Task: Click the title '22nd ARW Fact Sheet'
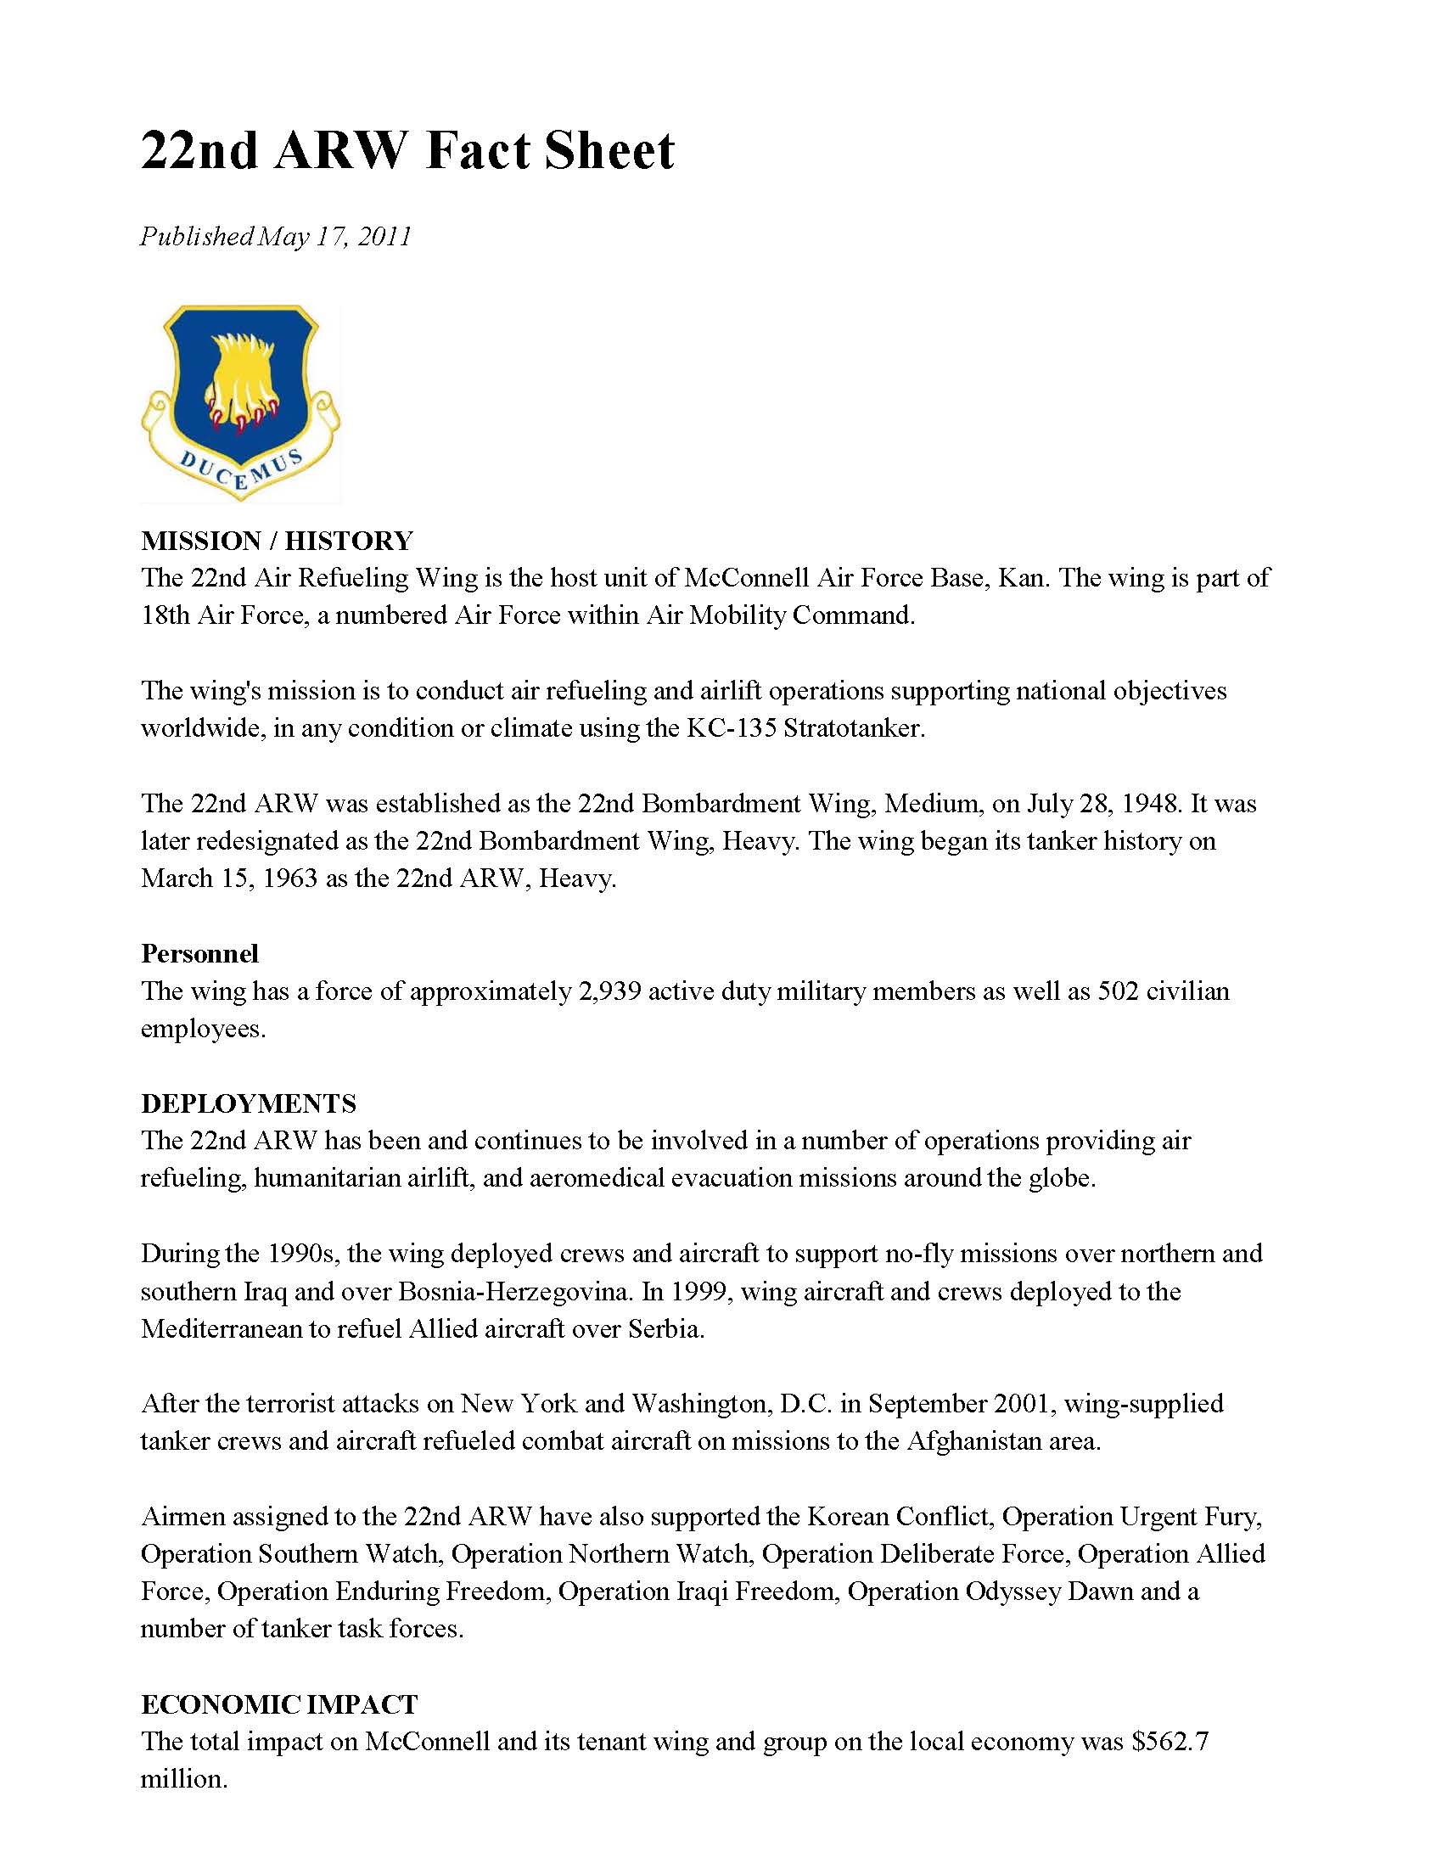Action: click(407, 151)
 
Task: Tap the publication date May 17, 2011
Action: click(334, 236)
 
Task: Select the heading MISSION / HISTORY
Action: click(277, 540)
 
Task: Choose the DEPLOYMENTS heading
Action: click(249, 1103)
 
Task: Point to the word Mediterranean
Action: click(221, 1329)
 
